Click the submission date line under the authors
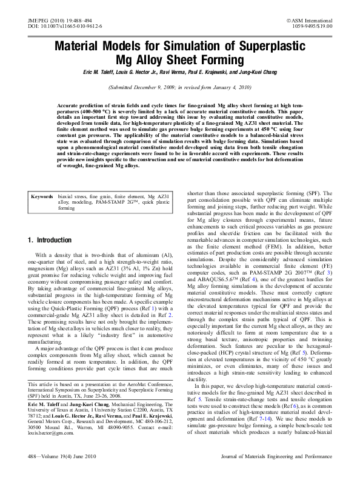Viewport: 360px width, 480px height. (179, 87)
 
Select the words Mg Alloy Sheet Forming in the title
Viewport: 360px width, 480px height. (179, 60)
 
